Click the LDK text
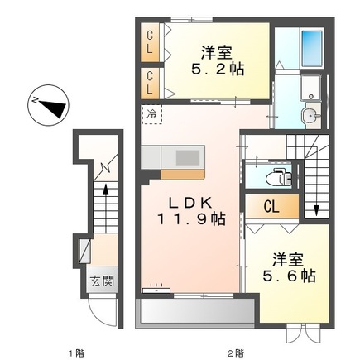point(193,201)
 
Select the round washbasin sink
point(310,116)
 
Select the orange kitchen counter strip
point(184,173)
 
